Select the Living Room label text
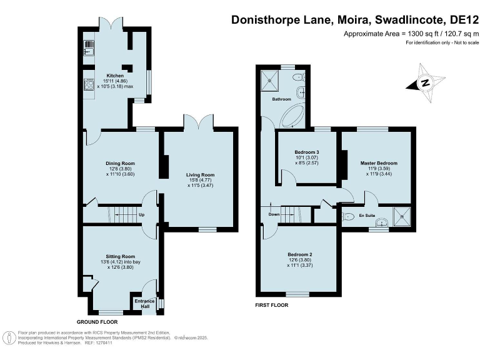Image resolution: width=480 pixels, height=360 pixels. tap(200, 174)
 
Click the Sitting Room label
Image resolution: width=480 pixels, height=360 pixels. tap(120, 256)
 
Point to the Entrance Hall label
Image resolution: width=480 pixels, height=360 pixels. tap(144, 303)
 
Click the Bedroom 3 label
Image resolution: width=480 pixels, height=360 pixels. tap(307, 152)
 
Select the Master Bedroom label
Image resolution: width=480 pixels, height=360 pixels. tap(379, 163)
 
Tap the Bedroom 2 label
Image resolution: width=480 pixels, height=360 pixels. tap(300, 254)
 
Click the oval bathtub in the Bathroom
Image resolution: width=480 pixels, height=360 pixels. tap(293, 116)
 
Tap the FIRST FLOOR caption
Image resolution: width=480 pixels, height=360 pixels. tap(272, 306)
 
